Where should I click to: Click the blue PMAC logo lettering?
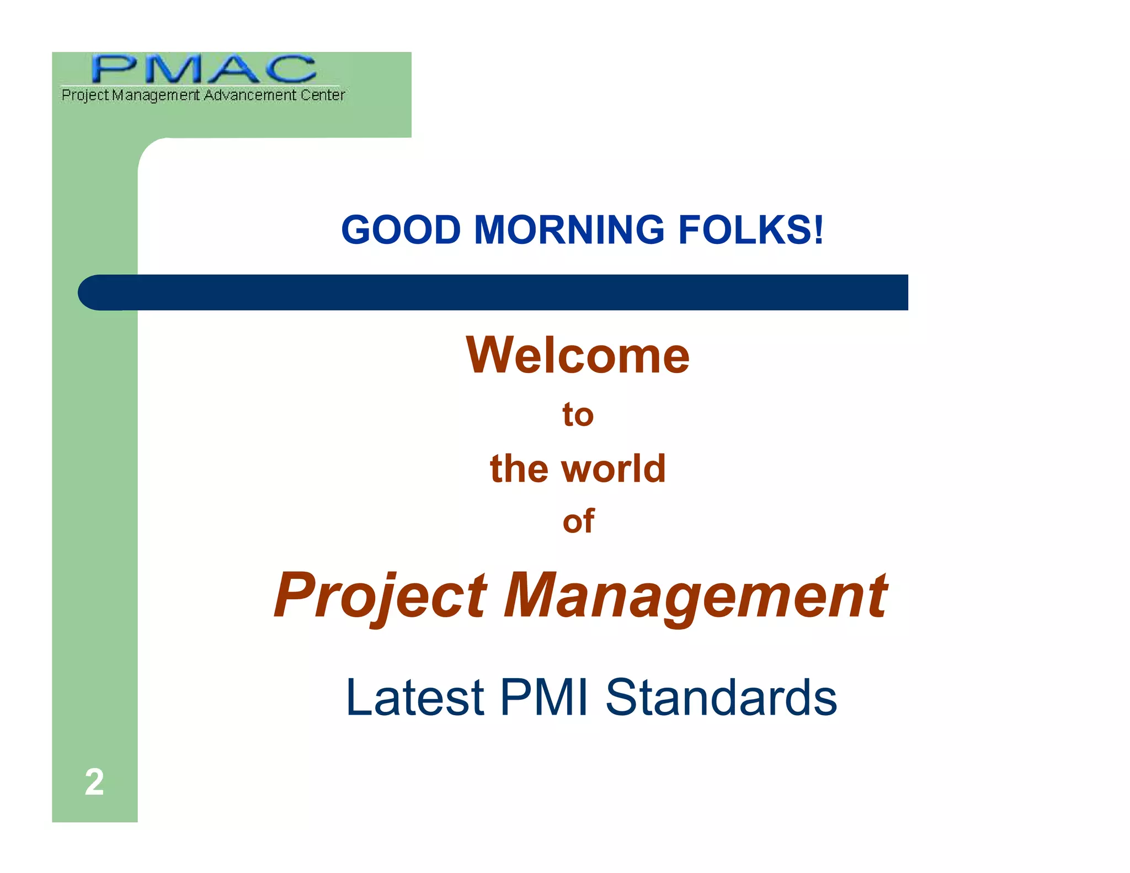(x=204, y=69)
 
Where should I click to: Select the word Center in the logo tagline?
(x=323, y=95)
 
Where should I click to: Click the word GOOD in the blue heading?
(x=401, y=230)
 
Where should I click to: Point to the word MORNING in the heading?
(x=569, y=230)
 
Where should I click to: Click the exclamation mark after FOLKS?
(x=818, y=230)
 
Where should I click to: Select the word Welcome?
(x=578, y=355)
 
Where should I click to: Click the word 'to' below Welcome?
(x=578, y=415)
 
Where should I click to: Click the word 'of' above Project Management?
(x=578, y=521)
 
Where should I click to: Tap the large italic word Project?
(x=381, y=596)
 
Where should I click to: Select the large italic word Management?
(x=695, y=596)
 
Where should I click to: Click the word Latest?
(x=415, y=698)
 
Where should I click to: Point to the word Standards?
(x=721, y=698)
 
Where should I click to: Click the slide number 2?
(x=94, y=782)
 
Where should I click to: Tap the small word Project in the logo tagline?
(x=85, y=95)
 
